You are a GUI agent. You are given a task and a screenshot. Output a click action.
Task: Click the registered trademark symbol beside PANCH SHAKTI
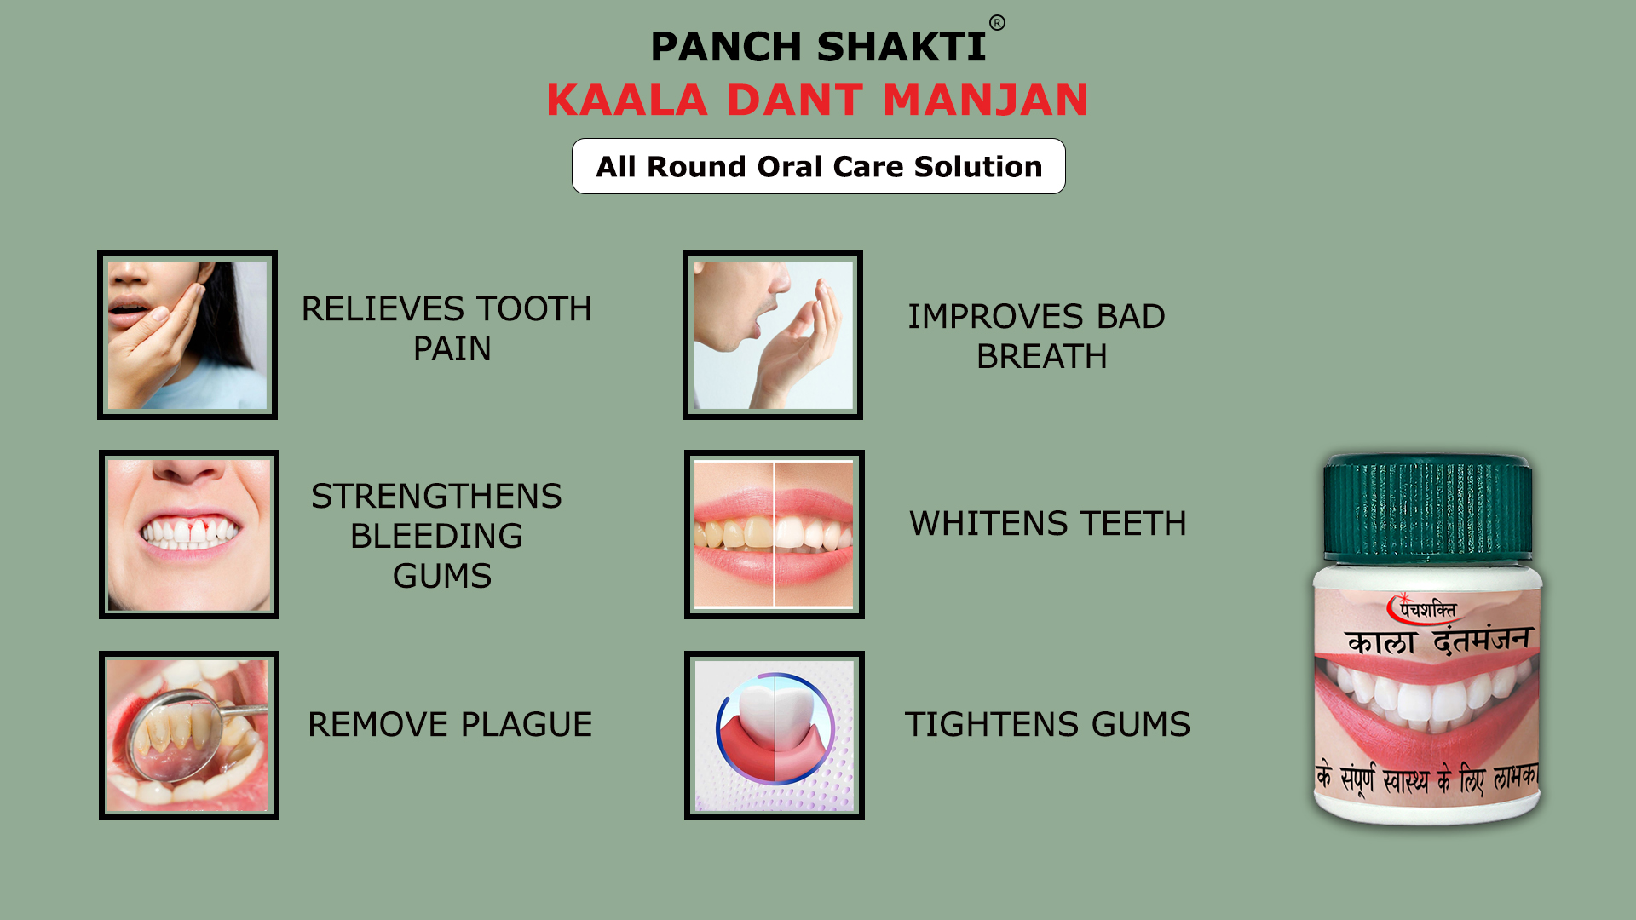tap(997, 23)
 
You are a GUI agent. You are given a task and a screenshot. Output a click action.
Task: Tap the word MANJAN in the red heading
tap(986, 100)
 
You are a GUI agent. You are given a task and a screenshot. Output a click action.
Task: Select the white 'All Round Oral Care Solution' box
tap(818, 166)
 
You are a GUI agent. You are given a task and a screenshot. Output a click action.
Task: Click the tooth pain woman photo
tap(187, 335)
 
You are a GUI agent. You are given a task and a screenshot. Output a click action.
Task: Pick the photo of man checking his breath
tap(773, 335)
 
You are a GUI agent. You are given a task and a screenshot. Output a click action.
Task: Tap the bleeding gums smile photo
tap(189, 535)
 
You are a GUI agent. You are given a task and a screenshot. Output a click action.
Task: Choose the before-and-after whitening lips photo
tap(775, 535)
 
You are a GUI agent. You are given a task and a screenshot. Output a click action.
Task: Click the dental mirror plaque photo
tap(189, 736)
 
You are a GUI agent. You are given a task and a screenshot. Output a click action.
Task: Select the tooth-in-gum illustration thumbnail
tap(775, 736)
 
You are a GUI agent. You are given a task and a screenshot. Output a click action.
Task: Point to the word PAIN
tap(452, 348)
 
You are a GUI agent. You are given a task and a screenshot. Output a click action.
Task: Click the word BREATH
tap(1041, 356)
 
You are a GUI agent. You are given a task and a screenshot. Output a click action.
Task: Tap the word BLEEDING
tap(436, 536)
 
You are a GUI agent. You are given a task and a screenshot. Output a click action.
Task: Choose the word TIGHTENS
tap(993, 724)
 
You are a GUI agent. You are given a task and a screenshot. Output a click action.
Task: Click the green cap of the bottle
tap(1428, 509)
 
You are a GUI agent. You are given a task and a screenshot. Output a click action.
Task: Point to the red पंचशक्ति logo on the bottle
tap(1422, 608)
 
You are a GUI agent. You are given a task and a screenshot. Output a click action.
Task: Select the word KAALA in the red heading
tap(627, 100)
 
